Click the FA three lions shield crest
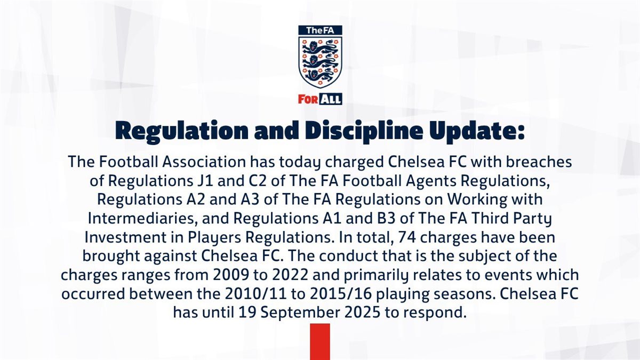click(x=320, y=62)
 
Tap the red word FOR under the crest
click(x=308, y=99)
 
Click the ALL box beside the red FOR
click(x=330, y=99)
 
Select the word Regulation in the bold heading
click(x=182, y=131)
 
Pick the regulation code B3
click(x=385, y=219)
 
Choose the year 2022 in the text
click(x=290, y=275)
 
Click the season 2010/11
click(x=255, y=294)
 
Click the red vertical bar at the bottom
click(x=320, y=342)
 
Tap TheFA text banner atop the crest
click(x=320, y=30)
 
